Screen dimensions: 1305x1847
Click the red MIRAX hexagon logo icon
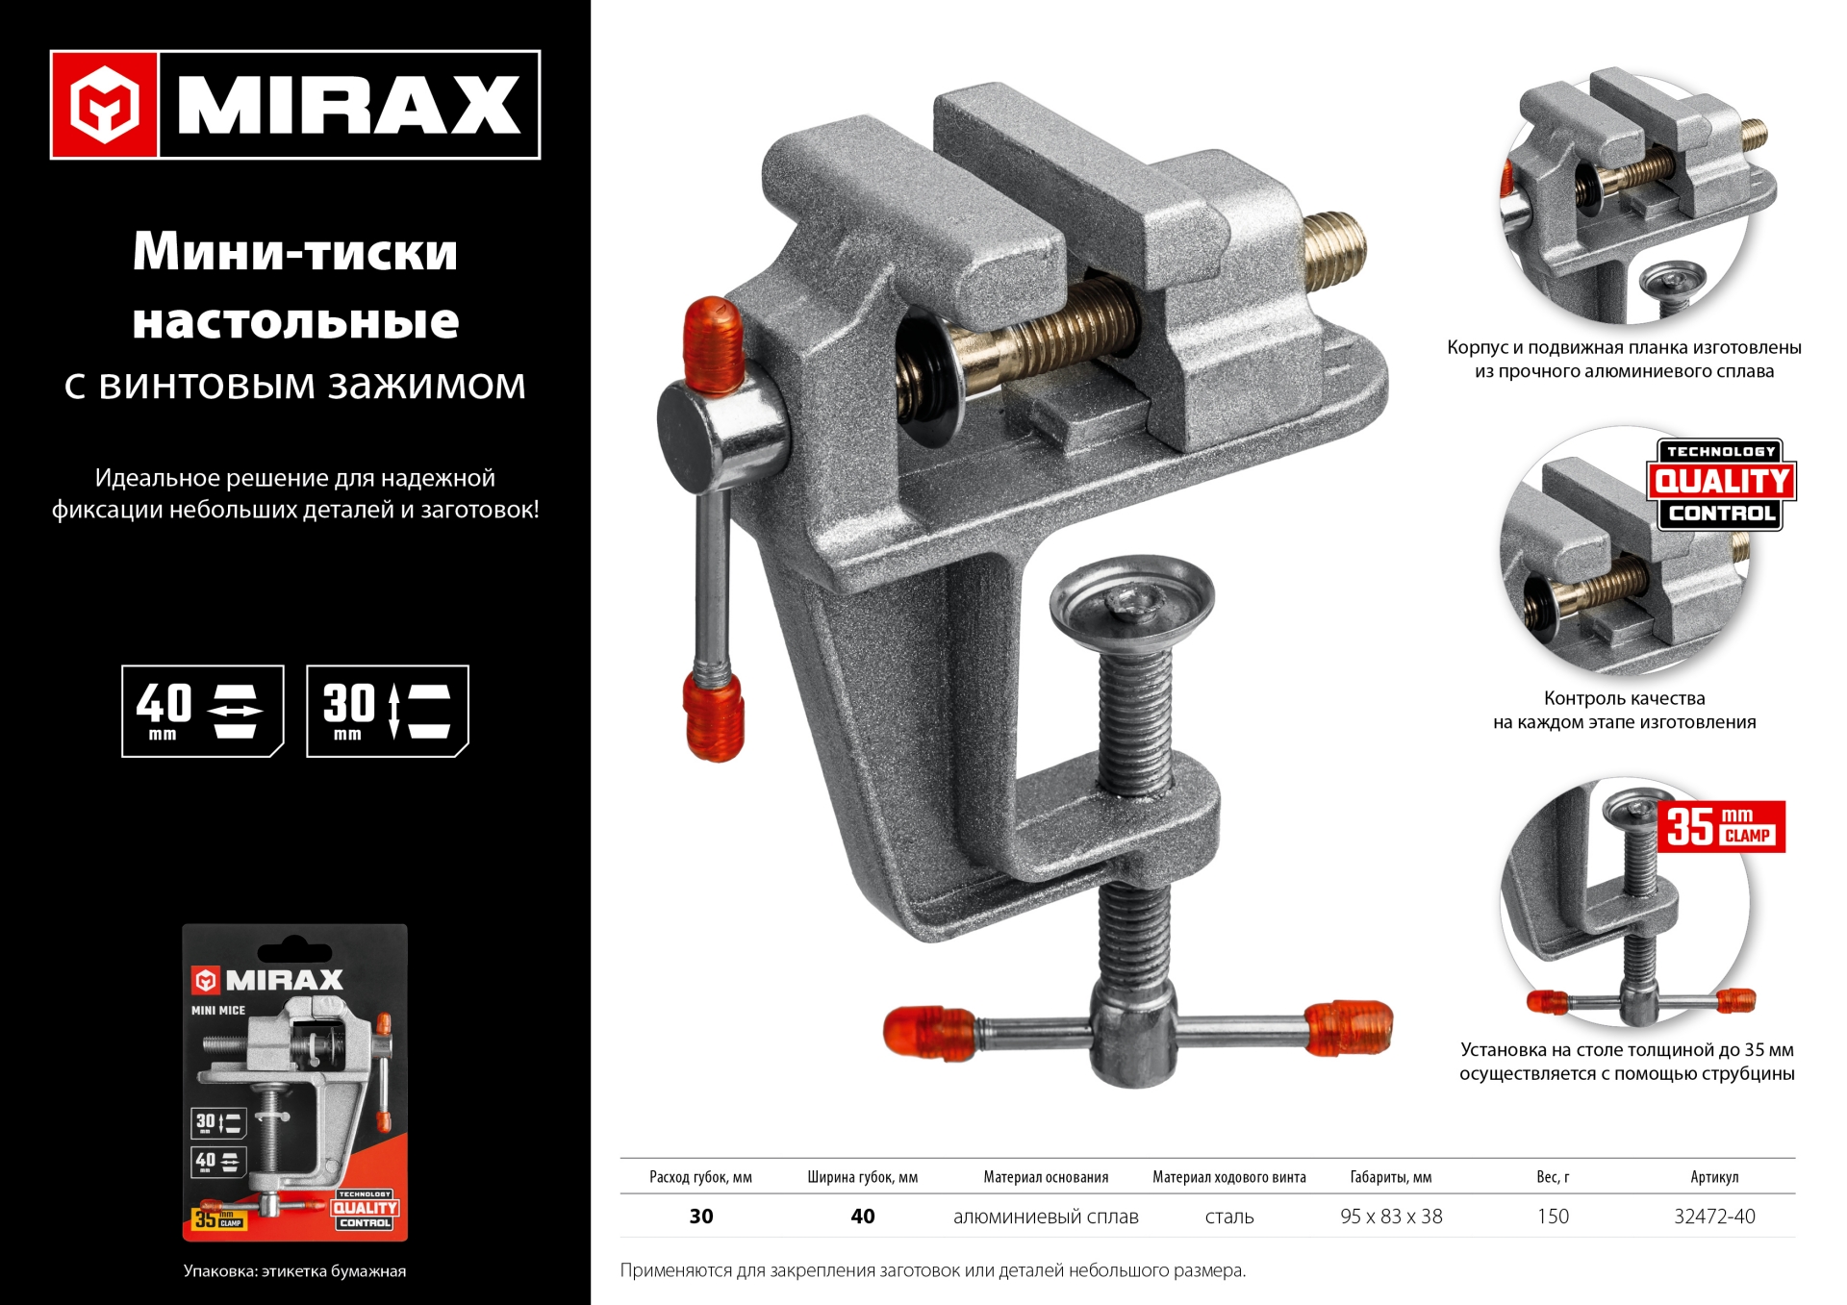point(104,105)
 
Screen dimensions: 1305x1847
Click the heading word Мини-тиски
point(294,252)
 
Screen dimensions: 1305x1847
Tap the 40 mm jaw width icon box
point(202,711)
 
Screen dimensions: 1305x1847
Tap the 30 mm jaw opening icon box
point(387,711)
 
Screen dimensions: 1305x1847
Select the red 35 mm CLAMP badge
point(1720,826)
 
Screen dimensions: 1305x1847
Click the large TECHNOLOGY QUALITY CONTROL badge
point(1721,484)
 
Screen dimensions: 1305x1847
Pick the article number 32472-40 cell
point(1713,1217)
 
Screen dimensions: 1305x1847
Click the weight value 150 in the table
point(1552,1217)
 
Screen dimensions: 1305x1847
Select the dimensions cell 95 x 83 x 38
point(1390,1217)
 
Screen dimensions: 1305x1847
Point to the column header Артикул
point(1713,1177)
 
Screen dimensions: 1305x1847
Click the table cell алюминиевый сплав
point(1046,1217)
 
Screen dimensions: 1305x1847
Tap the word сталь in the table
point(1228,1217)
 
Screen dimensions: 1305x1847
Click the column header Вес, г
point(1552,1177)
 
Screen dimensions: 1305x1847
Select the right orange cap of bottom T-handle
point(1350,1028)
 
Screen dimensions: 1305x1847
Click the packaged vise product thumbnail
point(294,1082)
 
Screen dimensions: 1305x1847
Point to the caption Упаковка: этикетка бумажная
point(294,1271)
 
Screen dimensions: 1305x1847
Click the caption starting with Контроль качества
point(1624,710)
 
